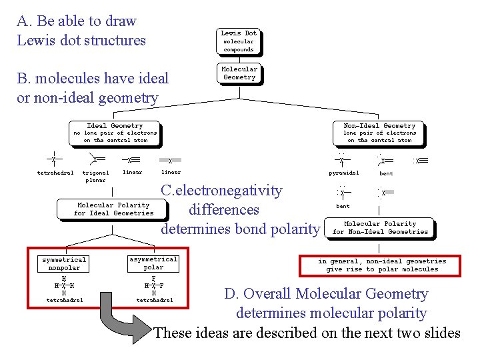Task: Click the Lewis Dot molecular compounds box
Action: (x=239, y=41)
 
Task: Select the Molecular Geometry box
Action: (x=239, y=73)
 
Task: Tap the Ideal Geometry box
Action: (x=115, y=133)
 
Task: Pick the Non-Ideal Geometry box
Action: (x=379, y=133)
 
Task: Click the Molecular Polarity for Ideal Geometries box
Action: (x=113, y=209)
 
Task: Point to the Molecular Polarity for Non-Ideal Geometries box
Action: (x=380, y=228)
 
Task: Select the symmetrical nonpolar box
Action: (x=64, y=263)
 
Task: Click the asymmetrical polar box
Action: (x=153, y=263)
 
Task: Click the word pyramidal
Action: (x=344, y=173)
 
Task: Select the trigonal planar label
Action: (x=94, y=176)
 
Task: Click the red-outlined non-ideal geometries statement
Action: (x=382, y=265)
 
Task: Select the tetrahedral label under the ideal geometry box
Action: (x=55, y=173)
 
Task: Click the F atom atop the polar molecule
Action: (x=154, y=279)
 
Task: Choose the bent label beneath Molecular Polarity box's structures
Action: (x=343, y=206)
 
